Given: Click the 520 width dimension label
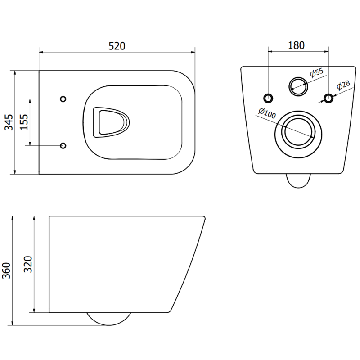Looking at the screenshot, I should point(116,45).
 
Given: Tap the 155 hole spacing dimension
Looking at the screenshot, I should point(24,122).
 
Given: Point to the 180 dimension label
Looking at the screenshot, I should point(296,45).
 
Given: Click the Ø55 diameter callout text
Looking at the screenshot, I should point(317,73).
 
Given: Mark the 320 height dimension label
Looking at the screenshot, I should point(28,265).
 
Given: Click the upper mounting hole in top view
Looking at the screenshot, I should point(63,99).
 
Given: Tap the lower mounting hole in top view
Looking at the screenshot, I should point(63,145).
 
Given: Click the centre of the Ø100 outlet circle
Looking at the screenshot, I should point(298,130).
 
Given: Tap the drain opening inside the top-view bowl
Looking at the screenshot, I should point(110,122).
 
